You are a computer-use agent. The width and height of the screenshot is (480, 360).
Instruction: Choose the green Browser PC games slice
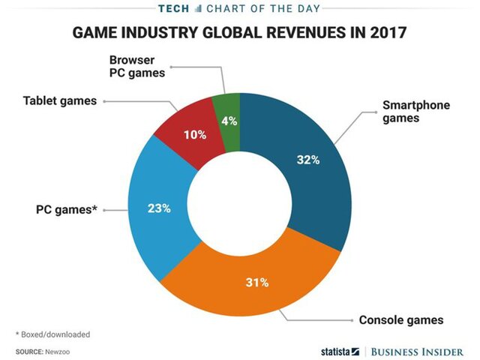227,120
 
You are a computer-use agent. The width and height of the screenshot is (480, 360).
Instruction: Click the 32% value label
308,160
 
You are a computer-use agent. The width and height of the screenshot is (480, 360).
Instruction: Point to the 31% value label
257,283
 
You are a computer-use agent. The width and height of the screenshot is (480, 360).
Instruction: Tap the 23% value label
160,208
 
